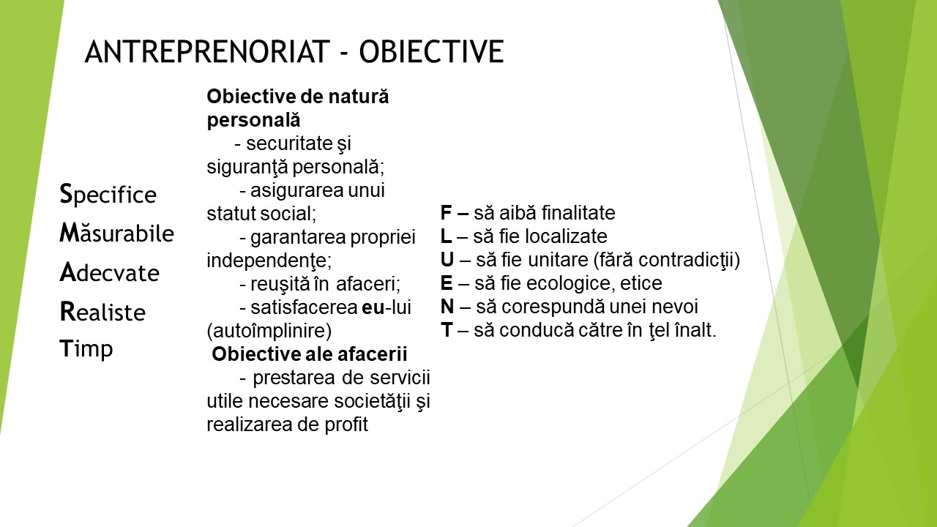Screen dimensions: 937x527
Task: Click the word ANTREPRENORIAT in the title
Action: coord(207,51)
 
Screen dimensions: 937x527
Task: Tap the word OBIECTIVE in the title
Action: coord(431,51)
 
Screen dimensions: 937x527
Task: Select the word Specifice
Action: coord(108,195)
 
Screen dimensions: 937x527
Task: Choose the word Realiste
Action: coord(102,311)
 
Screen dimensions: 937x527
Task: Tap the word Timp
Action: coord(86,349)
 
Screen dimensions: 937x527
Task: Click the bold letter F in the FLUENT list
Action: coord(447,212)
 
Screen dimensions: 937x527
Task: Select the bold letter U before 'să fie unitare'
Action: coord(447,260)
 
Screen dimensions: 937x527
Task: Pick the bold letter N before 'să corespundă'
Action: coord(447,307)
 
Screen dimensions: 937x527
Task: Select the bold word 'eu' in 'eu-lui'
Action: coord(373,307)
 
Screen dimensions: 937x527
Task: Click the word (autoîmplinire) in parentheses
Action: coord(269,331)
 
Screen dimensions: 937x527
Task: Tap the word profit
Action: coord(346,425)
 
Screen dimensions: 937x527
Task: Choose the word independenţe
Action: coord(269,261)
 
